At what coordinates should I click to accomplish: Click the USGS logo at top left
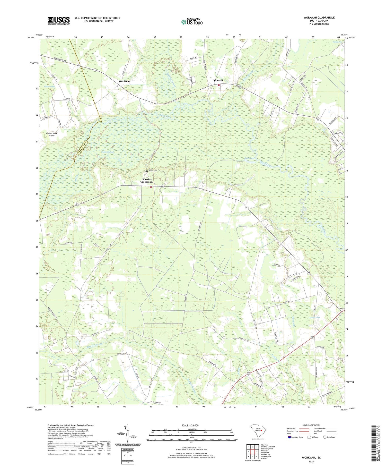59,21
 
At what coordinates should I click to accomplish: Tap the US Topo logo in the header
192,22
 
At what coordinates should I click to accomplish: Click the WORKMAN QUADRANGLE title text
319,18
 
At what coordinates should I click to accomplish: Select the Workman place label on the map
125,81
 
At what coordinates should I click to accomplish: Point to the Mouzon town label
218,80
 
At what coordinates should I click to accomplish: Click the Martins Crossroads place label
147,181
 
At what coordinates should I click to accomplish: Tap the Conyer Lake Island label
52,134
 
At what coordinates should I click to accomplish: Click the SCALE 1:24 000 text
190,425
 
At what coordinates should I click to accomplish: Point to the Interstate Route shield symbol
289,437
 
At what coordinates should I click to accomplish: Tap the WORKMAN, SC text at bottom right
311,457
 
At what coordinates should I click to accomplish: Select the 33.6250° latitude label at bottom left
30,407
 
